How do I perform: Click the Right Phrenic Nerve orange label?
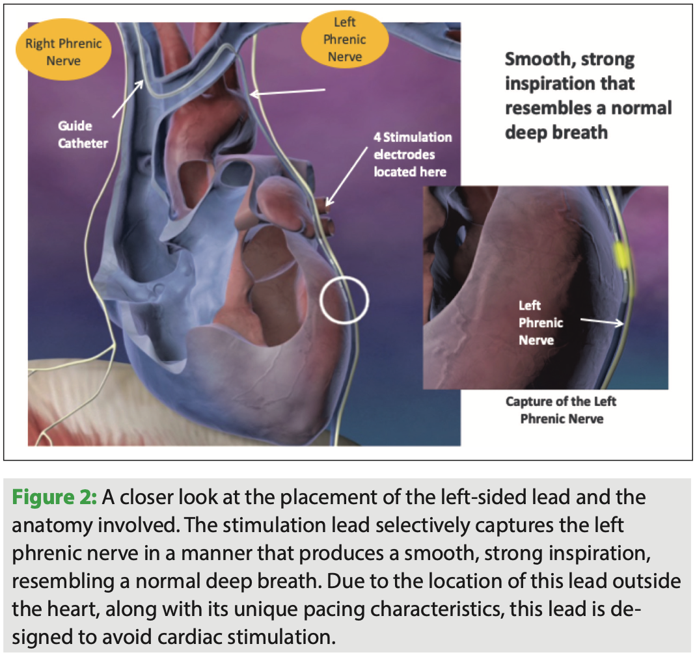coord(64,53)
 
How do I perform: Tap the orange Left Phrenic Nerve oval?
coord(344,40)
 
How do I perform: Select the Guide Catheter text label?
coord(83,135)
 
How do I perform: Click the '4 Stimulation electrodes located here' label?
coord(412,155)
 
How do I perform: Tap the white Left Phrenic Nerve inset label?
coord(541,323)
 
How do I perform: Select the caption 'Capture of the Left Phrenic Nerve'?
coord(561,410)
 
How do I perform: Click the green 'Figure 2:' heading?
coord(55,498)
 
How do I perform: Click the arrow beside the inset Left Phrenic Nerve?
coord(603,321)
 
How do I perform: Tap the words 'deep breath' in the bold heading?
coord(556,132)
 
